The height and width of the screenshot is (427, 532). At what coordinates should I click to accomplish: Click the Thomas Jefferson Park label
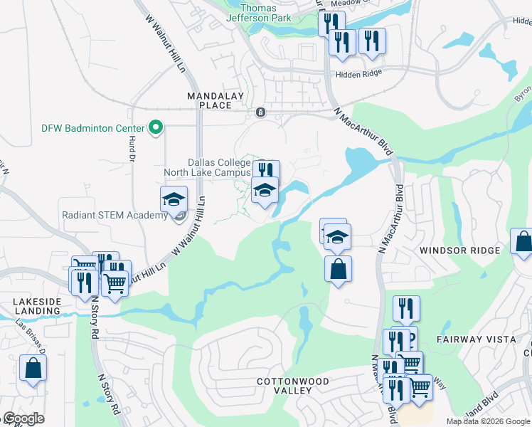click(260, 13)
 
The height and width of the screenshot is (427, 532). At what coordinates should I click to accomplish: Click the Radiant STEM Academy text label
click(114, 215)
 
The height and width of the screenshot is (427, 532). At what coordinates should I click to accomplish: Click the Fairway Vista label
click(477, 339)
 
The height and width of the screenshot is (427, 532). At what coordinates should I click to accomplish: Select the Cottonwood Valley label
click(293, 386)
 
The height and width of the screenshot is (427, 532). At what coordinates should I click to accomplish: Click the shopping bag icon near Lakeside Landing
click(33, 368)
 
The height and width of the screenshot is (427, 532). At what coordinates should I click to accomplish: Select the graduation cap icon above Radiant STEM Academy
click(173, 200)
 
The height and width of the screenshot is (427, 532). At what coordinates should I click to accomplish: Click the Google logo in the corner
click(23, 418)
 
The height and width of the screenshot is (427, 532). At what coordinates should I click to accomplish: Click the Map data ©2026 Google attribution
click(488, 421)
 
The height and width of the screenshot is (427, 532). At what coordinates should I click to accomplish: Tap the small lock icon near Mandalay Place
click(260, 112)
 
